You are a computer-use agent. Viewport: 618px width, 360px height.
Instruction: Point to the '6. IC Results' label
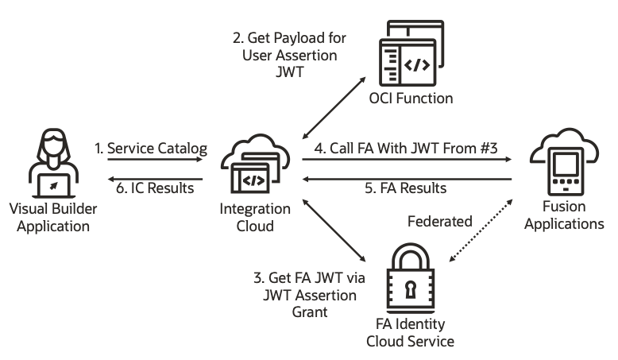pos(156,188)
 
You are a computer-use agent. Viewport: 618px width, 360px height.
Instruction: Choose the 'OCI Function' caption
pos(411,99)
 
